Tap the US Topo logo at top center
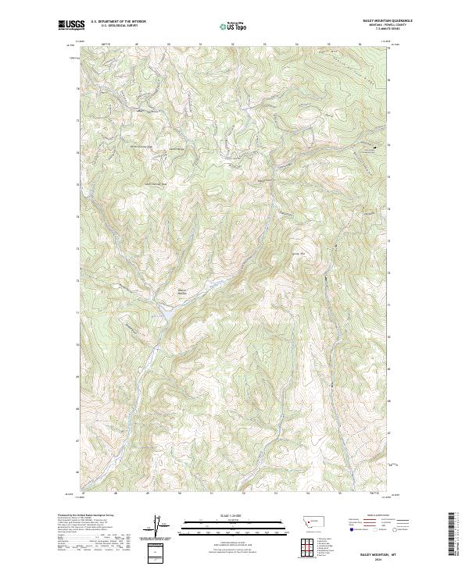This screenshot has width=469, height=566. [x=227, y=27]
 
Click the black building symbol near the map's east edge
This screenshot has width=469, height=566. [x=374, y=147]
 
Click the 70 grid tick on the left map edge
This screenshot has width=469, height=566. [x=77, y=345]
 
